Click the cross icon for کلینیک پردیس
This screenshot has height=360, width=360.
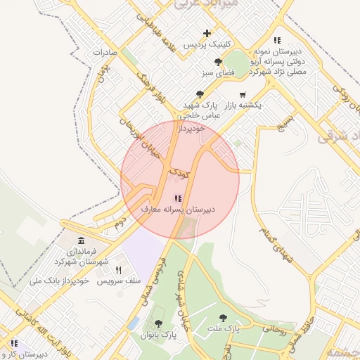click(x=207, y=33)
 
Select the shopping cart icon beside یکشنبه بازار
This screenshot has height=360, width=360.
click(x=243, y=94)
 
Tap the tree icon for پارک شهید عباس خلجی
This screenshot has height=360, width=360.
click(x=200, y=94)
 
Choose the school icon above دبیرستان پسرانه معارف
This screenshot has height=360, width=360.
click(x=179, y=199)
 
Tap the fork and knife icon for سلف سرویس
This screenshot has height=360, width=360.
click(x=119, y=270)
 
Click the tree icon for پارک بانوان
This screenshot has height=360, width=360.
click(x=159, y=324)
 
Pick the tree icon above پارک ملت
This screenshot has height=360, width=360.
click(x=223, y=318)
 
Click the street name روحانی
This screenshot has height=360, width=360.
click(x=274, y=327)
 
